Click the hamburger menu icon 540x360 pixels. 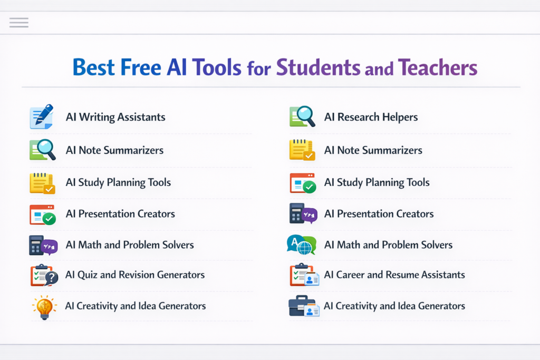click(19, 22)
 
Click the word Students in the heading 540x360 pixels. click(318, 67)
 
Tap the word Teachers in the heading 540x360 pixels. click(437, 67)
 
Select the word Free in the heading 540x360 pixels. click(140, 67)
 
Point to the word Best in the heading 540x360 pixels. click(93, 67)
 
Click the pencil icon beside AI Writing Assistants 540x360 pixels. click(42, 116)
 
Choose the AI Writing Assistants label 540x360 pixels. click(115, 117)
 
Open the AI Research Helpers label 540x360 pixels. click(371, 117)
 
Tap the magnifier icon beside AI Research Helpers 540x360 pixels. click(302, 116)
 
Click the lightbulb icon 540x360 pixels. click(44, 307)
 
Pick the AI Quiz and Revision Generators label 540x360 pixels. click(135, 275)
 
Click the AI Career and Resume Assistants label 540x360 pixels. click(394, 275)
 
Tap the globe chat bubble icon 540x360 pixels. click(302, 245)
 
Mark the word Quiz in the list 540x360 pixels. click(87, 275)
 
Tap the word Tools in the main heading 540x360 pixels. click(217, 67)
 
